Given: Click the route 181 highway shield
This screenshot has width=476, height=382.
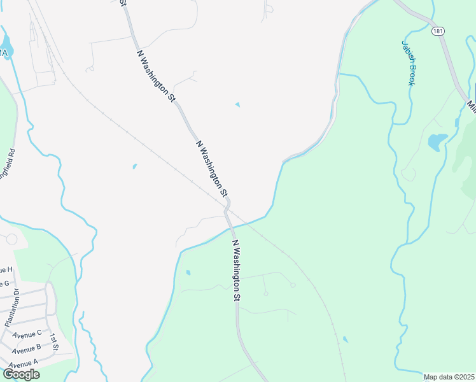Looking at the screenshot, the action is click(x=438, y=31).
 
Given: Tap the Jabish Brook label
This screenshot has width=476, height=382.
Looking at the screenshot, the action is click(x=409, y=63).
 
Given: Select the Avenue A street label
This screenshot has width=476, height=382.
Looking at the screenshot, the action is click(x=24, y=363).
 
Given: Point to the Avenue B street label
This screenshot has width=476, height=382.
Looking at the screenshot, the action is click(x=26, y=348).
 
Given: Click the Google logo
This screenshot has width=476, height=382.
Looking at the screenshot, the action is click(x=21, y=374).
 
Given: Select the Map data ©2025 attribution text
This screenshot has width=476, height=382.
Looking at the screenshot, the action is click(x=449, y=377).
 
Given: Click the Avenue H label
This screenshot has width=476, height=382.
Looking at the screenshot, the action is click(x=6, y=271).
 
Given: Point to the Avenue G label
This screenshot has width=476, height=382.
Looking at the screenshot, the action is click(x=5, y=284).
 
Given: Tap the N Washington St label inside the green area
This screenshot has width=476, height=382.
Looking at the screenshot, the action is click(x=235, y=270).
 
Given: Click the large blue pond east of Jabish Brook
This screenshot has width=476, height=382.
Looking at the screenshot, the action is click(x=436, y=141).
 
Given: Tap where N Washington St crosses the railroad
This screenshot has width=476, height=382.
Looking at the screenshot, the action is click(x=227, y=207).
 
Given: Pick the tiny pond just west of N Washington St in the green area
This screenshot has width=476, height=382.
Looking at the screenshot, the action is click(x=188, y=272).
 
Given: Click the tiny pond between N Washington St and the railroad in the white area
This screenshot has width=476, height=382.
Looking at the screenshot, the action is click(x=134, y=167).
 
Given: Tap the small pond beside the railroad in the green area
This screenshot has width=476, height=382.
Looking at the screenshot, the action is click(x=344, y=339).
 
